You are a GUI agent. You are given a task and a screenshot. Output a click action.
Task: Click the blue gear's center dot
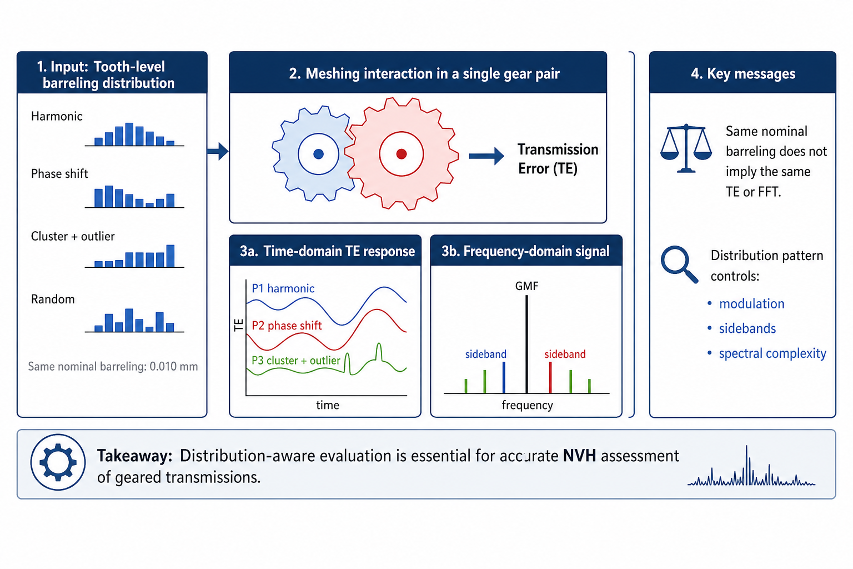click(319, 154)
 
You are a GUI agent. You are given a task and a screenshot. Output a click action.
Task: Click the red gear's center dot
click(402, 154)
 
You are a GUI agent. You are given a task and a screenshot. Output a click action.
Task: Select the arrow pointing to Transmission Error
click(486, 156)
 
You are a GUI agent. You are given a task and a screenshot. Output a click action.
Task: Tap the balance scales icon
click(686, 148)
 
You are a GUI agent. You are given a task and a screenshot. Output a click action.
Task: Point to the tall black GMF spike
click(526, 345)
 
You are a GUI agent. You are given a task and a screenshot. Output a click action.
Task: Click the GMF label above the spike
click(526, 286)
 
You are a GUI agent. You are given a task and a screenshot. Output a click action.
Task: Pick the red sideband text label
click(565, 354)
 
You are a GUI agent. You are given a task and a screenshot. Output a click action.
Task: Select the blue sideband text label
click(485, 354)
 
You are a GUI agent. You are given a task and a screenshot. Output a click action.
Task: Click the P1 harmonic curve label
click(283, 288)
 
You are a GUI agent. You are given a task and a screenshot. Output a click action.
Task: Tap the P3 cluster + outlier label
click(295, 361)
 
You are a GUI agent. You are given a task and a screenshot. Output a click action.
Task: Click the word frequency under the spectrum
click(527, 405)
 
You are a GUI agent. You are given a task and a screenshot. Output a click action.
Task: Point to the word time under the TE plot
click(328, 405)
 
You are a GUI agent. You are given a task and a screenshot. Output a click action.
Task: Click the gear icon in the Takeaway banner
click(58, 462)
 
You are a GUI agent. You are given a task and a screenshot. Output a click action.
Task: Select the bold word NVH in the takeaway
click(579, 456)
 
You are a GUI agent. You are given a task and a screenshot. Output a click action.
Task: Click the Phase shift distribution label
click(59, 174)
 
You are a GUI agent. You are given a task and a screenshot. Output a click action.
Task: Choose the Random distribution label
click(53, 300)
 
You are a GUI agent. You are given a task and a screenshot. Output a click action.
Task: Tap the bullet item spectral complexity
click(772, 353)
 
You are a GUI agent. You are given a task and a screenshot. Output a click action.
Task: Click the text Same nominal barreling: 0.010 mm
click(113, 367)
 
